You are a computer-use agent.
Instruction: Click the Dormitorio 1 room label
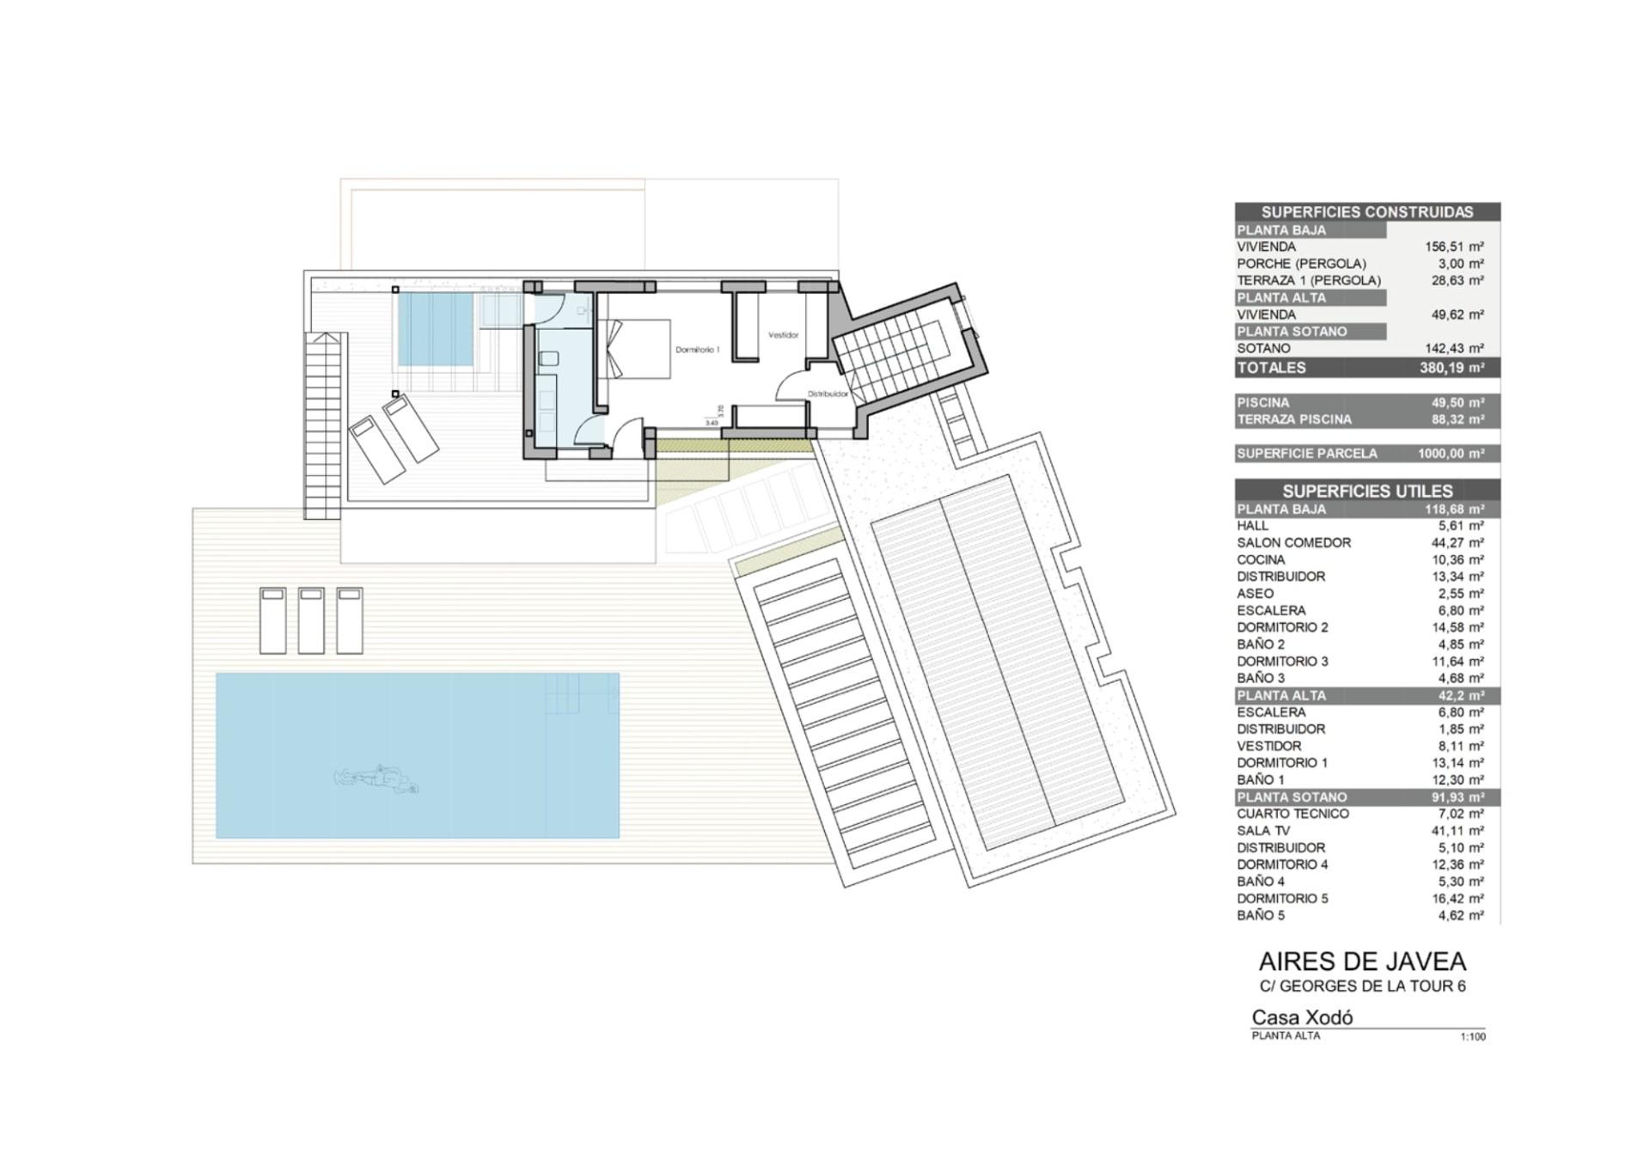click(697, 350)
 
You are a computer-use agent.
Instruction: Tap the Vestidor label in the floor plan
click(783, 334)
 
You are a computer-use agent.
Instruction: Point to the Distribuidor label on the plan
click(828, 394)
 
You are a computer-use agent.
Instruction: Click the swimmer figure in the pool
click(376, 779)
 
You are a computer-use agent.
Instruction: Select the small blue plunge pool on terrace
click(436, 329)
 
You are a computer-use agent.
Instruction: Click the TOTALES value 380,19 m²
click(1451, 368)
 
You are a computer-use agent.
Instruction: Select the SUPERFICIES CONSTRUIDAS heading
click(1367, 211)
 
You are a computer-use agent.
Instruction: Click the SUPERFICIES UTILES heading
click(1367, 491)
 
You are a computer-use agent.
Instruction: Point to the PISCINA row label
click(1263, 402)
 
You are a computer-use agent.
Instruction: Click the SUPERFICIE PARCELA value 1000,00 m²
click(1451, 453)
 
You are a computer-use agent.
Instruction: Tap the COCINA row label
click(1262, 559)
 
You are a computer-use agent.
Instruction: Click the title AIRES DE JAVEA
click(1362, 961)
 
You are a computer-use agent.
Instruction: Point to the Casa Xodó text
click(1302, 1017)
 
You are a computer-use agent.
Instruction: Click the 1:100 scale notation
click(1473, 1037)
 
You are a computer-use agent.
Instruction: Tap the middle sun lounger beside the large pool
click(311, 620)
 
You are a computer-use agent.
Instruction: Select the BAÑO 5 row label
click(1261, 915)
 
